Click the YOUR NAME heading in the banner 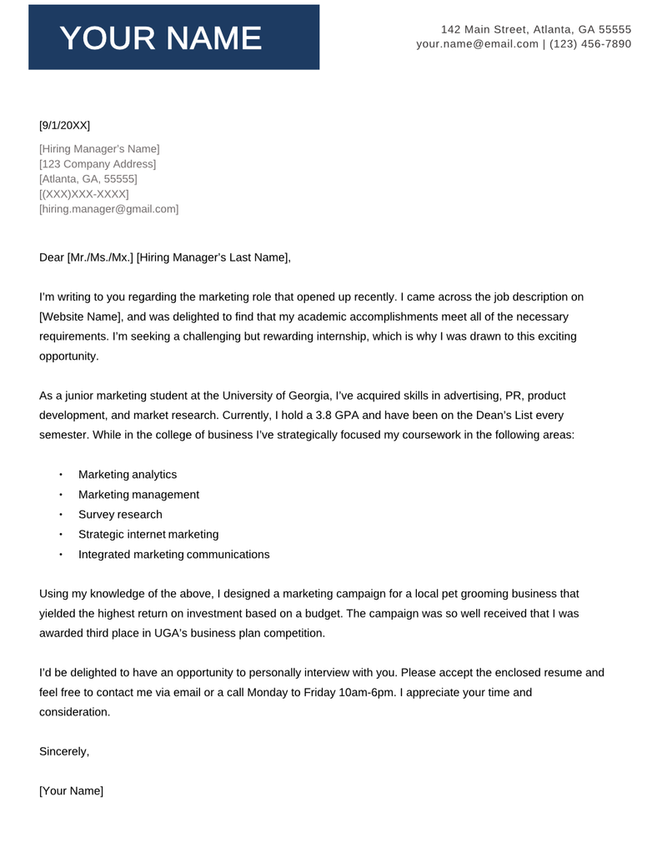(161, 38)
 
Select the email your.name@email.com (477, 44)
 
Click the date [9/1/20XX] (64, 126)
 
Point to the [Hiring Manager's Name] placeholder (99, 149)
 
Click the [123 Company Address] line (98, 164)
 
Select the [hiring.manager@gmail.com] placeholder (108, 209)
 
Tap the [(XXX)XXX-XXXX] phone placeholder (84, 194)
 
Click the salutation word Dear (52, 257)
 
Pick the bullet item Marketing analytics (127, 475)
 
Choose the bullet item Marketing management (138, 495)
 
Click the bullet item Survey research (120, 515)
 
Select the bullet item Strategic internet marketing (148, 535)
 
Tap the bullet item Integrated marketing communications (173, 555)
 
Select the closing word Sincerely (64, 752)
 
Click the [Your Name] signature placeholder (72, 792)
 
